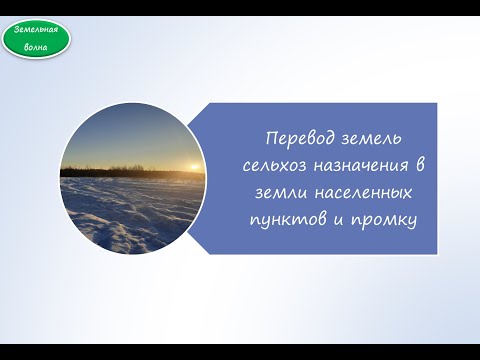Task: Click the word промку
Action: point(383,215)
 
